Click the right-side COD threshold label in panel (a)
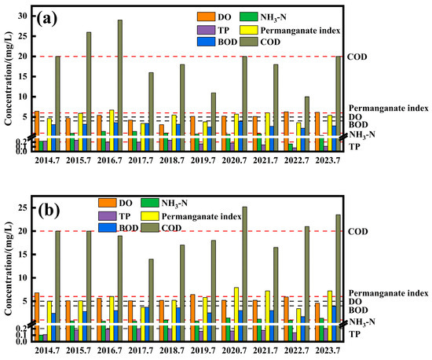pos(358,57)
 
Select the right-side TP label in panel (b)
pos(354,335)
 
